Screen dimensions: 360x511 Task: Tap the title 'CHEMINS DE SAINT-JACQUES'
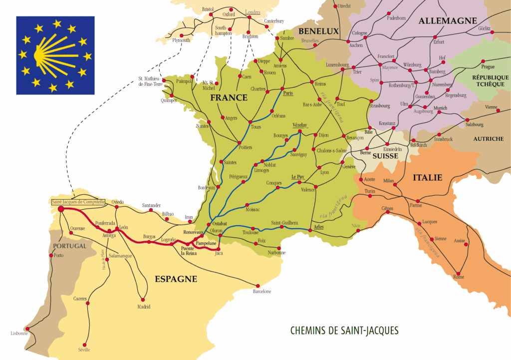(344, 331)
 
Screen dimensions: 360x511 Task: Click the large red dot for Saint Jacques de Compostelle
(61, 209)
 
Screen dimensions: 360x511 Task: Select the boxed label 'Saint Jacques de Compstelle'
(78, 202)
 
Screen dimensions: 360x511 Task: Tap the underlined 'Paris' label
(287, 93)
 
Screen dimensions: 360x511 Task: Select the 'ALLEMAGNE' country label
(448, 20)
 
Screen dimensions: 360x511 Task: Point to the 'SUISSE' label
(386, 156)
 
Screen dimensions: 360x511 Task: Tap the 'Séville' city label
(84, 350)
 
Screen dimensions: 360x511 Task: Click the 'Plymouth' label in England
(181, 40)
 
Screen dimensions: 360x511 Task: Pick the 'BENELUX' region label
(318, 31)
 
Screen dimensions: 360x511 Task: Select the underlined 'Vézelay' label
(299, 125)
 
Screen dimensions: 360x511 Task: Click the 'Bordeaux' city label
(206, 187)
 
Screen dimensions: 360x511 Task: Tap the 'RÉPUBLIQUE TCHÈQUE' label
(490, 81)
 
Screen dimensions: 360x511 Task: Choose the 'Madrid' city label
(144, 307)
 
